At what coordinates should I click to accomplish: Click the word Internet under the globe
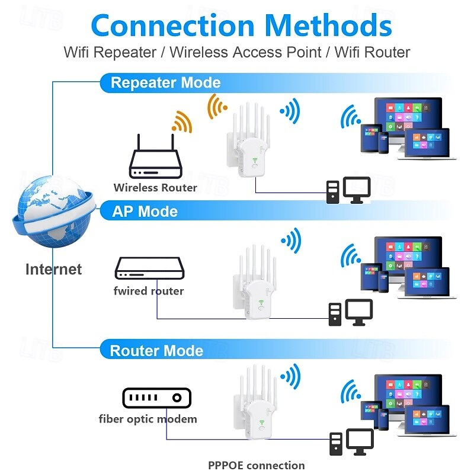click(53, 270)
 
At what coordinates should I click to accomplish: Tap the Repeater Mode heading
click(165, 82)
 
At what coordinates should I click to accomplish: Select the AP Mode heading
click(145, 212)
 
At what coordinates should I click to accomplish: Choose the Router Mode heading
click(156, 350)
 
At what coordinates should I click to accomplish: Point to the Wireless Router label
click(155, 188)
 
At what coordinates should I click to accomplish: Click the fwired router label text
click(149, 291)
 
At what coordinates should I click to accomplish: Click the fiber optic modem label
click(148, 419)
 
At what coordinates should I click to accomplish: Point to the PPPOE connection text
click(256, 465)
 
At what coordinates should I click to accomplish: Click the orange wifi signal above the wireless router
click(182, 122)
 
